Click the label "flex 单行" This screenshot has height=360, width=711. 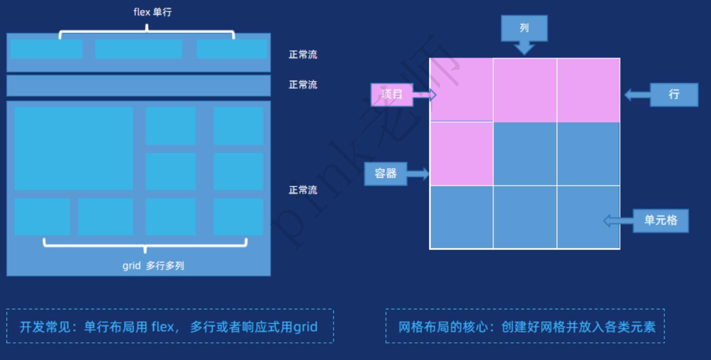pyautogui.click(x=152, y=12)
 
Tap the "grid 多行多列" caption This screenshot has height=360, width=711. pyautogui.click(x=153, y=266)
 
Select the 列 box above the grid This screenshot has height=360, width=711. pyautogui.click(x=524, y=28)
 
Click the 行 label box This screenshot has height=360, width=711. pyautogui.click(x=674, y=95)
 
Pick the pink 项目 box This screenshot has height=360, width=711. pyautogui.click(x=392, y=95)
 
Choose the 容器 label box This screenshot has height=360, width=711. pyautogui.click(x=386, y=173)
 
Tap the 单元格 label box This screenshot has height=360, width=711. pyautogui.click(x=661, y=220)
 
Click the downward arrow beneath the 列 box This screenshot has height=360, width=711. pyautogui.click(x=524, y=48)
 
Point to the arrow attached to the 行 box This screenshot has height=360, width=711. pyautogui.click(x=637, y=95)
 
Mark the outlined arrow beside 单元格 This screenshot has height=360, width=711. pyautogui.click(x=618, y=220)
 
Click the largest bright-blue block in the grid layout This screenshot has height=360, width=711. pyautogui.click(x=74, y=148)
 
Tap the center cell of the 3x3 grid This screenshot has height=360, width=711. pyautogui.click(x=525, y=154)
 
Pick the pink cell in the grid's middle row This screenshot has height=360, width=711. pyautogui.click(x=461, y=154)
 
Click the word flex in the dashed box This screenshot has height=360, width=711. pyautogui.click(x=163, y=327)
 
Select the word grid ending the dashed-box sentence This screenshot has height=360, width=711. pyautogui.click(x=305, y=327)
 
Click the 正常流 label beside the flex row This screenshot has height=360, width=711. pyautogui.click(x=303, y=55)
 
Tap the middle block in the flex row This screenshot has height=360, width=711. pyautogui.click(x=138, y=49)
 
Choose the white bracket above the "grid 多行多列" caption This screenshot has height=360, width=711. pyautogui.click(x=145, y=244)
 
